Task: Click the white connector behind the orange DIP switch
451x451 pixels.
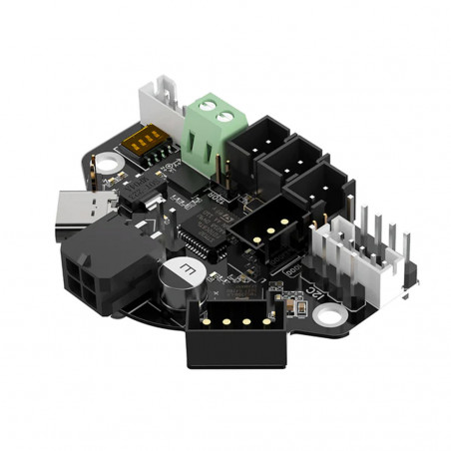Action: pyautogui.click(x=161, y=100)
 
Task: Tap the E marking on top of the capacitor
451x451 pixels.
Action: pyautogui.click(x=183, y=267)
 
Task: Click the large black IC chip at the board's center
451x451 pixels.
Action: pyautogui.click(x=205, y=235)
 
